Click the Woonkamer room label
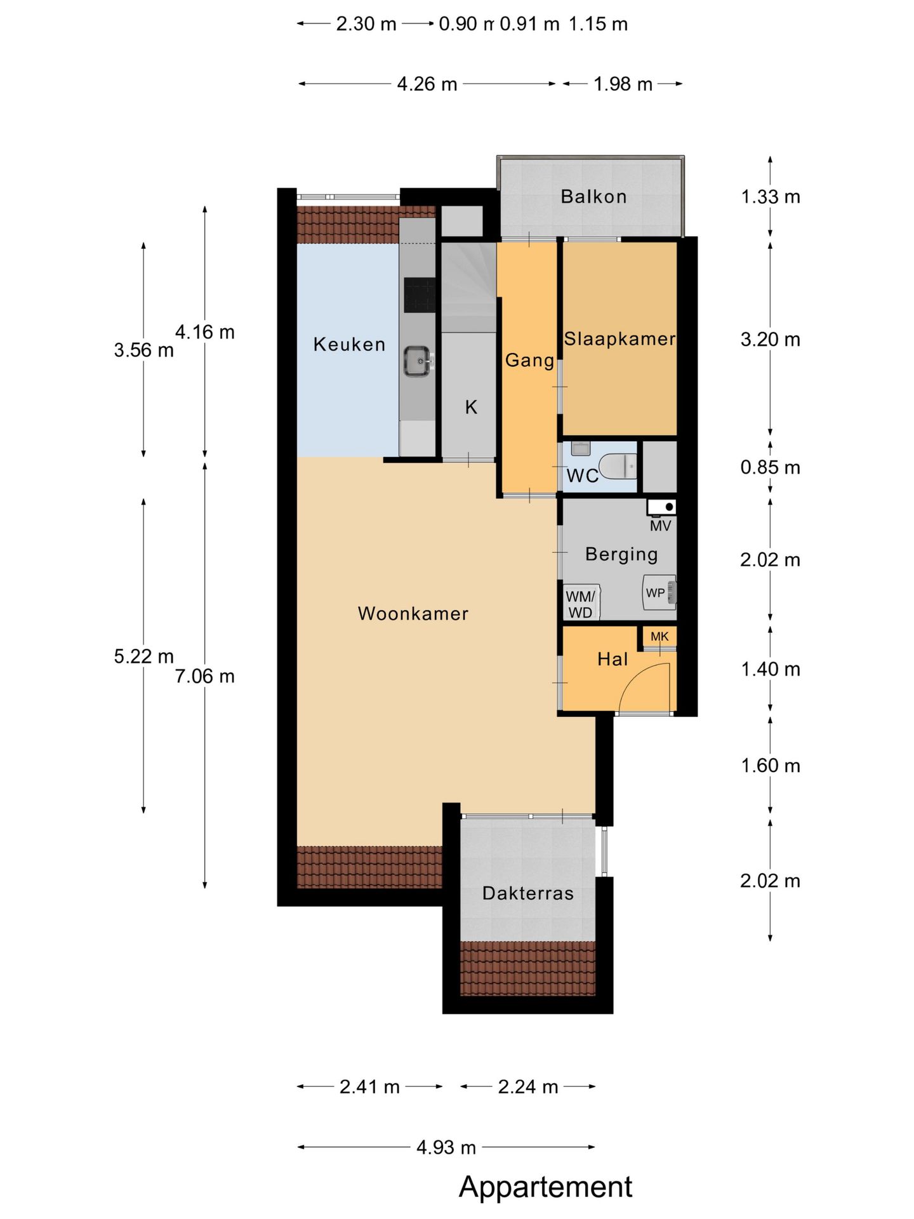coord(413,613)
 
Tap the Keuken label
coord(350,344)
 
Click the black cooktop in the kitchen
coord(420,296)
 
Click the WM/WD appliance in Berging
coord(581,603)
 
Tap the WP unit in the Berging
coord(659,592)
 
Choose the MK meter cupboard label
coord(659,636)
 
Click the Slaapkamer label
coord(620,339)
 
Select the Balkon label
coord(593,197)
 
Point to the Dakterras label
coord(528,893)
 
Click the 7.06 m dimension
coord(205,676)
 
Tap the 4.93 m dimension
coord(446,1147)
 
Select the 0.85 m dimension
coord(770,468)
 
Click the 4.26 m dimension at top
coord(427,84)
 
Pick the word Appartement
coord(546,1187)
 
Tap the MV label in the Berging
coord(660,526)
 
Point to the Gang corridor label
coord(529,361)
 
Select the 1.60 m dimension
coord(770,766)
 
